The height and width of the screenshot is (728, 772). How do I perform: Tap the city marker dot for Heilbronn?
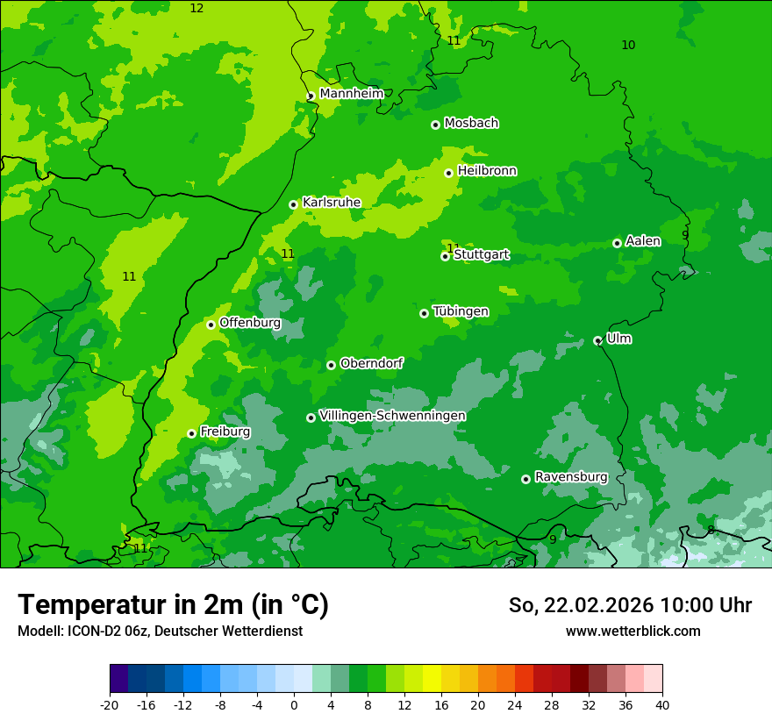pyautogui.click(x=448, y=173)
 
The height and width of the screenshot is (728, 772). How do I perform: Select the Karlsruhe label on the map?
pyautogui.click(x=332, y=203)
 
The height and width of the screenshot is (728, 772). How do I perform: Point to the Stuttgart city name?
pyautogui.click(x=482, y=255)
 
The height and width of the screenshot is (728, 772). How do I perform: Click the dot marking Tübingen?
pyautogui.click(x=424, y=313)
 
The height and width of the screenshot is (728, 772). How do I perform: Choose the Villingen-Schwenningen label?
pyautogui.click(x=392, y=416)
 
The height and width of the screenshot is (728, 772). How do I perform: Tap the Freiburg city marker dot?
pyautogui.click(x=191, y=433)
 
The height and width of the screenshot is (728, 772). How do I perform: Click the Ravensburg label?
pyautogui.click(x=571, y=477)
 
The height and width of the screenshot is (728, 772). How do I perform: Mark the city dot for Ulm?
pyautogui.click(x=597, y=340)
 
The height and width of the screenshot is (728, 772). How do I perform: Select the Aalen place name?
pyautogui.click(x=643, y=241)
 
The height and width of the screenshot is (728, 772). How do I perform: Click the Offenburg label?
pyautogui.click(x=250, y=323)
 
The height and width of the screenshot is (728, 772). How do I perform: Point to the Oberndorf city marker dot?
pyautogui.click(x=331, y=365)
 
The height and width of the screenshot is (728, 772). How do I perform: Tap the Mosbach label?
pyautogui.click(x=471, y=124)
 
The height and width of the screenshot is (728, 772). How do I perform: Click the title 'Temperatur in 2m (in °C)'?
pyautogui.click(x=173, y=604)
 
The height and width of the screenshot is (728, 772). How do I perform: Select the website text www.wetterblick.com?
pyautogui.click(x=633, y=631)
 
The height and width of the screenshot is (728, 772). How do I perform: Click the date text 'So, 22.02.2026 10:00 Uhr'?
pyautogui.click(x=630, y=605)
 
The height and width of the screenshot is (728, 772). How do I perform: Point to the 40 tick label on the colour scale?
pyautogui.click(x=661, y=705)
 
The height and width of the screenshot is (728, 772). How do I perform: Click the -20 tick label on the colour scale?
pyautogui.click(x=110, y=705)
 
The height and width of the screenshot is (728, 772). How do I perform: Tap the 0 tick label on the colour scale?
pyautogui.click(x=294, y=705)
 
